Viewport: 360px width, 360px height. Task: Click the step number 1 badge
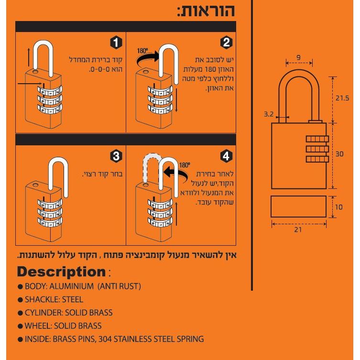pos(116,43)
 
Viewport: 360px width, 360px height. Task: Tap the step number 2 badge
pos(227,43)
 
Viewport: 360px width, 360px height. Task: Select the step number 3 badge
pos(116,156)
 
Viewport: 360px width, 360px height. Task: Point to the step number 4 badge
pos(227,156)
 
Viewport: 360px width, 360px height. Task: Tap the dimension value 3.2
pos(269,114)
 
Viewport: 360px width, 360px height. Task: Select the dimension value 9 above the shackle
pos(298,57)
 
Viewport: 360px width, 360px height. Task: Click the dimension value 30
pos(339,154)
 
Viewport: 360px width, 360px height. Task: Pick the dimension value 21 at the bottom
pos(298,230)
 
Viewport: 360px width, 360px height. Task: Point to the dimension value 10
pos(339,207)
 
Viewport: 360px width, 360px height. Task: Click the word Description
pos(61,272)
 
